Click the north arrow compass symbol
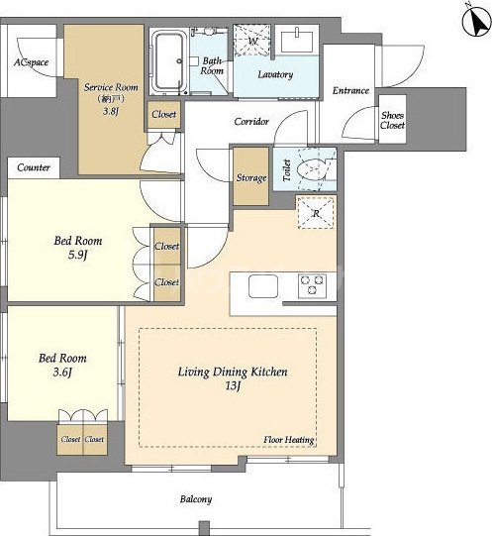point(476,22)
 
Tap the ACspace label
point(31,62)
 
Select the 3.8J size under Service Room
point(111,111)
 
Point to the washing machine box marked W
point(252,41)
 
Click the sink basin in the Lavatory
point(297,42)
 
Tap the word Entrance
point(350,90)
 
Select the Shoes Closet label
point(393,120)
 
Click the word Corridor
point(251,121)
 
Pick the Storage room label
point(251,177)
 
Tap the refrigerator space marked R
point(316,213)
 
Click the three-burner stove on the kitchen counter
point(312,285)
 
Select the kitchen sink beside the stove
point(263,285)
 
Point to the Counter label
point(34,167)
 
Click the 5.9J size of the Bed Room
point(78,255)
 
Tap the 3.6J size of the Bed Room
point(62,373)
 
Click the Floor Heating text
point(289,440)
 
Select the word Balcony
point(196,499)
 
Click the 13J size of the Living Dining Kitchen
point(233,386)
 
